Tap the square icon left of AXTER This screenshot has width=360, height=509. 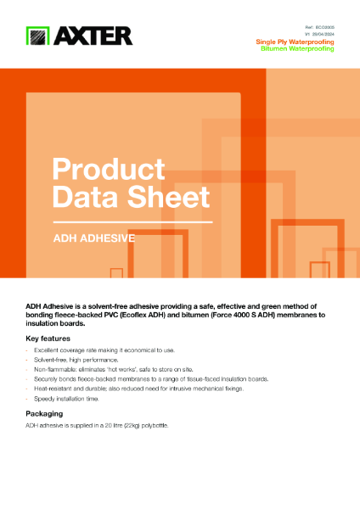[37, 36]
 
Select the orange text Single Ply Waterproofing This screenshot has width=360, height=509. [295, 42]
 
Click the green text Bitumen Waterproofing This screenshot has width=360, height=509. [298, 49]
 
